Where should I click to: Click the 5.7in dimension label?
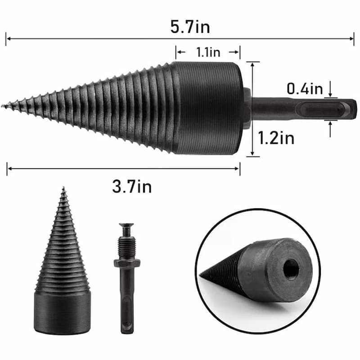pos(190,28)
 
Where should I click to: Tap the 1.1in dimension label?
pos(208,52)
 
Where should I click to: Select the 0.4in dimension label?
pos(305,89)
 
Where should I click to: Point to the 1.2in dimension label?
pos(276,137)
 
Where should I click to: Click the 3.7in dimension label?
pos(131,185)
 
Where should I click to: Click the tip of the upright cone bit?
pos(63,189)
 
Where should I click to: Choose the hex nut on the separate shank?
pos(126,263)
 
